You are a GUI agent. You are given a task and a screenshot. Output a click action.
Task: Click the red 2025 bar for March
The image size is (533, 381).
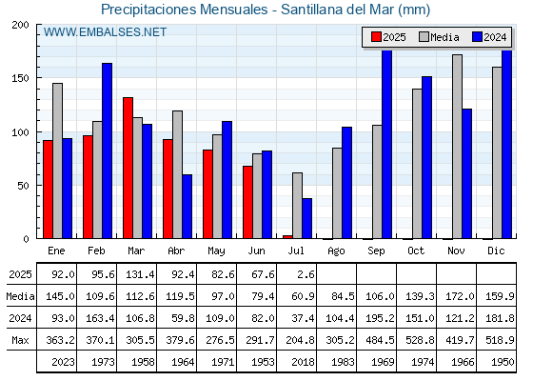(x=128, y=168)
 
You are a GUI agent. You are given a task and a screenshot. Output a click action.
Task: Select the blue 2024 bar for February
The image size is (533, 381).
(x=107, y=150)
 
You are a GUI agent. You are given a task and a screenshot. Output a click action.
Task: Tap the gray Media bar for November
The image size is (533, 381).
(x=457, y=147)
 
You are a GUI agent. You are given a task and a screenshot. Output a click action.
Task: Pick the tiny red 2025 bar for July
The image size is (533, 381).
(x=287, y=237)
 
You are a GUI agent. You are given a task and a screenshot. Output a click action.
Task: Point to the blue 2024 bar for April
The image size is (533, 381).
(x=187, y=207)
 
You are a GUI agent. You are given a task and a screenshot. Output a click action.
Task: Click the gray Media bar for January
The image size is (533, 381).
(x=57, y=161)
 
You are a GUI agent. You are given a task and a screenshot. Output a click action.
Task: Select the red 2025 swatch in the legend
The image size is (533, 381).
(x=376, y=37)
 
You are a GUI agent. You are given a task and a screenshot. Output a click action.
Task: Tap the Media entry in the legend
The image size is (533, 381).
(x=439, y=37)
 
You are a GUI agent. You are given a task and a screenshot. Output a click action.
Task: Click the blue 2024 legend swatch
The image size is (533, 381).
(x=477, y=37)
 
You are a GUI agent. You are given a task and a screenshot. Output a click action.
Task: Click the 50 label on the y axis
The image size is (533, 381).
(x=23, y=186)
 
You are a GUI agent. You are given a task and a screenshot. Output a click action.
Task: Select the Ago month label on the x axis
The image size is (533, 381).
(x=336, y=251)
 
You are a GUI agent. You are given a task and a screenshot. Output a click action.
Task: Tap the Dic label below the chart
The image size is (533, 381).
(x=496, y=251)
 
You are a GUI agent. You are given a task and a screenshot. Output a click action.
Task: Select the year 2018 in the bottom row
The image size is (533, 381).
(x=303, y=362)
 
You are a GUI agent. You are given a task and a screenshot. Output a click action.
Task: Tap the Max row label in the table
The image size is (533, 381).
(x=20, y=340)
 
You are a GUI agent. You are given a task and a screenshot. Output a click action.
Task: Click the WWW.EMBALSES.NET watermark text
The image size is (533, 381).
(x=105, y=32)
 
